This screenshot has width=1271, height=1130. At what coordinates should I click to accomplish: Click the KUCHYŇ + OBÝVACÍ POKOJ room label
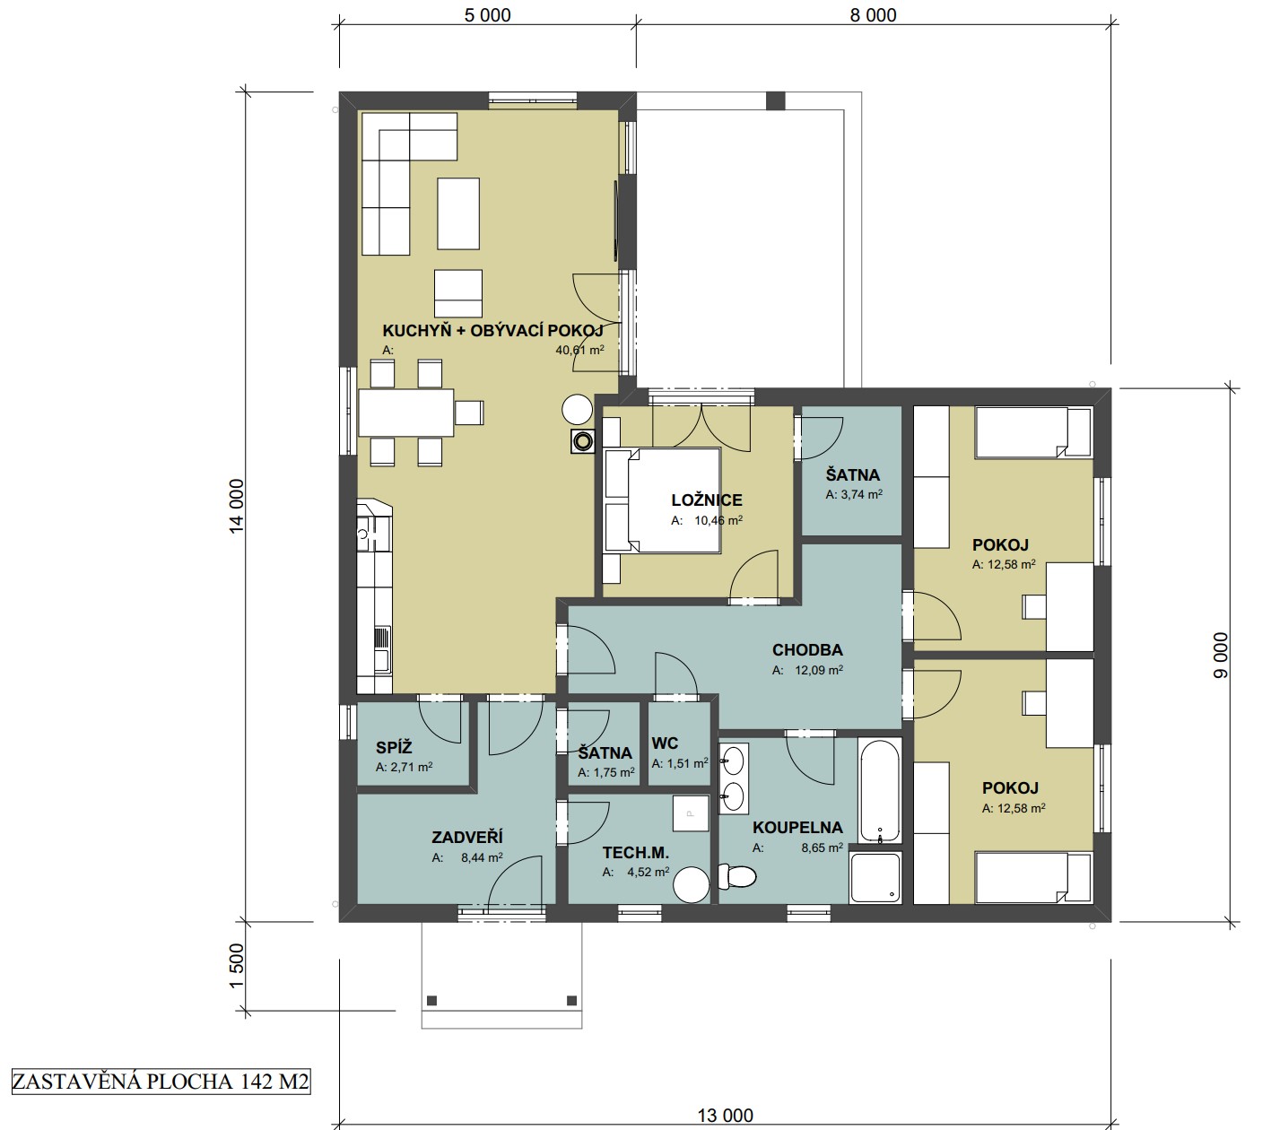tap(492, 331)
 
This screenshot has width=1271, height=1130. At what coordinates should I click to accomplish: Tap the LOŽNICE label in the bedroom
tap(707, 500)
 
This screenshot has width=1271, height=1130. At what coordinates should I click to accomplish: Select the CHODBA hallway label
tap(806, 649)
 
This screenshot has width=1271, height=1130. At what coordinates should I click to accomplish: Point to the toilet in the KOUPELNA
tap(736, 876)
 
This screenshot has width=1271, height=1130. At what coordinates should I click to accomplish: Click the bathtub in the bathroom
tap(880, 790)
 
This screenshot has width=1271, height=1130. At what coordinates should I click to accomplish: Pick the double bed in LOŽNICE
tap(663, 500)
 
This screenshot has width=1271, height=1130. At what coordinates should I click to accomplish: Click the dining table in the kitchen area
tap(406, 413)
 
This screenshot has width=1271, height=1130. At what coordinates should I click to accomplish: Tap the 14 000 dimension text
tap(236, 506)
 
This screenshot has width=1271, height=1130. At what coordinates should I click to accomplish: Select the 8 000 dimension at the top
tap(873, 15)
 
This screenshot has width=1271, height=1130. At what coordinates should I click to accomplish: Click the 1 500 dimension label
tap(236, 966)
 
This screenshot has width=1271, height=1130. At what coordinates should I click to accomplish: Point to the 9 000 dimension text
tap(1220, 655)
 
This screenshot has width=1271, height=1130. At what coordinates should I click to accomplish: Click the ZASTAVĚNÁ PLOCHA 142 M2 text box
tap(161, 1081)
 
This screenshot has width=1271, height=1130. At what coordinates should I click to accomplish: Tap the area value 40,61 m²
tap(579, 350)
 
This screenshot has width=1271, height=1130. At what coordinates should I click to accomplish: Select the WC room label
tap(665, 743)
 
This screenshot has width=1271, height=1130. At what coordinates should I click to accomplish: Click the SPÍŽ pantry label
tap(394, 747)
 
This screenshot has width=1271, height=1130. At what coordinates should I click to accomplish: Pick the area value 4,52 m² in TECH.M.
tap(648, 872)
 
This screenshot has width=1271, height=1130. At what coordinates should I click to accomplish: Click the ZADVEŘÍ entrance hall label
tap(467, 837)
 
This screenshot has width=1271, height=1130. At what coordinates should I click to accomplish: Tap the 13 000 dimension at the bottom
tap(726, 1115)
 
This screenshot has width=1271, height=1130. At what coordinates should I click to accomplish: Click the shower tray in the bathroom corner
tap(875, 877)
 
